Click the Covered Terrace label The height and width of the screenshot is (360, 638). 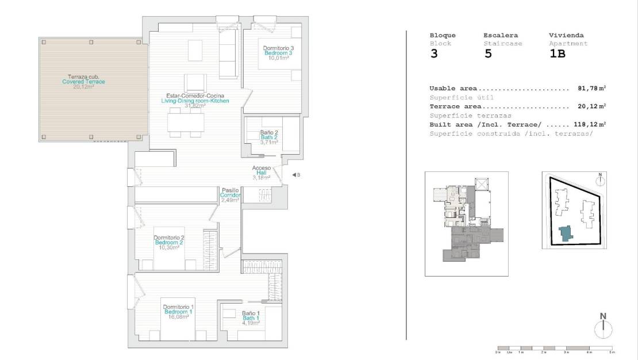pos(83,82)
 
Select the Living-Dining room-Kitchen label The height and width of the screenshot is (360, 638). pos(195,101)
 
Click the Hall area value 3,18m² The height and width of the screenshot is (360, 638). pos(261,178)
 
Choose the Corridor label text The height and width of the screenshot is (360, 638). pos(230,196)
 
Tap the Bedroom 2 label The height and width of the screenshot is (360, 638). pos(169,243)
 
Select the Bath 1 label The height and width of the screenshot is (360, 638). pos(251,318)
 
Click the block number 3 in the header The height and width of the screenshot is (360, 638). pos(434,55)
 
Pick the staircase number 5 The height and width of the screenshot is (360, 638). pos(488,55)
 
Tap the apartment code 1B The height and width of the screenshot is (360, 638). pos(557,55)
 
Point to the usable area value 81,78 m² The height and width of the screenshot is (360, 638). pos(592,89)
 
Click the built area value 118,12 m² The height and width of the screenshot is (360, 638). pos(590,124)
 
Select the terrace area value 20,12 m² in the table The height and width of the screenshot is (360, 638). pos(592,106)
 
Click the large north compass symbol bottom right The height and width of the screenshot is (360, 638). pos(603,330)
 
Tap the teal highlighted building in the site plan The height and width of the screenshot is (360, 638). pos(566,233)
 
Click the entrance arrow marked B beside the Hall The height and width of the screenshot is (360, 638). pos(294,175)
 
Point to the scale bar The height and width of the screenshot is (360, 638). pos(555,348)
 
